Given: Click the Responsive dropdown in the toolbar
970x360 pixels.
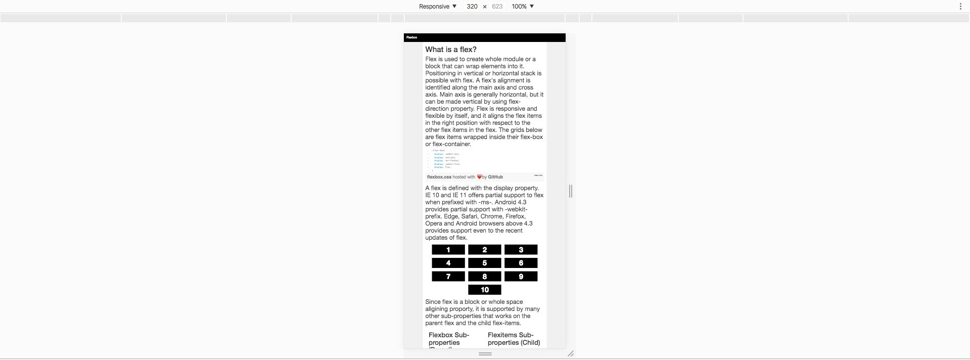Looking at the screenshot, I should pyautogui.click(x=437, y=7).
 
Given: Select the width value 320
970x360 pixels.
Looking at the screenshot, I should pyautogui.click(x=472, y=7).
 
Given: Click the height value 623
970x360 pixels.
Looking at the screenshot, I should pyautogui.click(x=497, y=7).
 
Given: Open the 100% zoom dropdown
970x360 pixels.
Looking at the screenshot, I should pyautogui.click(x=523, y=7).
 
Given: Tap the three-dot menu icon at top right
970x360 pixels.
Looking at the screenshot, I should pyautogui.click(x=960, y=7).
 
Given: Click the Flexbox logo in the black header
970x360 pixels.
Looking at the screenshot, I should pyautogui.click(x=412, y=37).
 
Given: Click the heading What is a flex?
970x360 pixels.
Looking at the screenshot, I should pyautogui.click(x=451, y=50).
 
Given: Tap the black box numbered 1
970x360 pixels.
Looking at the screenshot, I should pyautogui.click(x=448, y=250).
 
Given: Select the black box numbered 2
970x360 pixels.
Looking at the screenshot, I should pyautogui.click(x=485, y=250).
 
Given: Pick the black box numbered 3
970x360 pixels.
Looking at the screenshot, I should pyautogui.click(x=521, y=250).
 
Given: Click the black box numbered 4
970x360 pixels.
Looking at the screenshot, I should pyautogui.click(x=448, y=263).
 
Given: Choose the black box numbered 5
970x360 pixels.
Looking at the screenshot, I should pyautogui.click(x=485, y=263).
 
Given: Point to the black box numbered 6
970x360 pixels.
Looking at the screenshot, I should pyautogui.click(x=521, y=263).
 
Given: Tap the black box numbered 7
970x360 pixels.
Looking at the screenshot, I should pyautogui.click(x=448, y=277).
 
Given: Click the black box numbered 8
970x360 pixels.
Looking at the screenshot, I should pyautogui.click(x=485, y=277).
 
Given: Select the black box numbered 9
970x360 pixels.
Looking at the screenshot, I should pyautogui.click(x=521, y=277).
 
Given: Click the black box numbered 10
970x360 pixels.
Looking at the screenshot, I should pyautogui.click(x=485, y=290).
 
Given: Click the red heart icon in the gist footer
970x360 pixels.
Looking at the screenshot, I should pyautogui.click(x=479, y=177).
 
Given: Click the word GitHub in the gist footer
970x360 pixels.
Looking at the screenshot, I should pyautogui.click(x=495, y=177).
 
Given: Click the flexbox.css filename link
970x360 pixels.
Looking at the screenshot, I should pyautogui.click(x=439, y=177).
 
